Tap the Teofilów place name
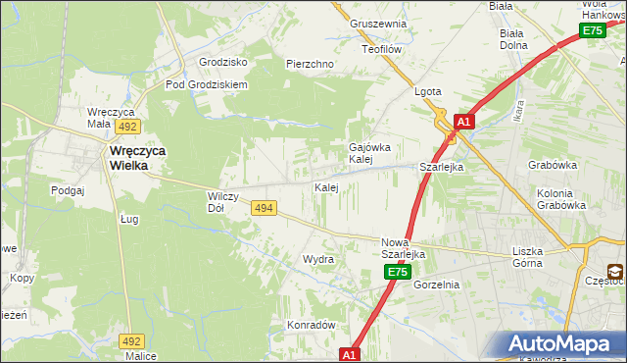click(x=383, y=48)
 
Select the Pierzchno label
click(x=310, y=64)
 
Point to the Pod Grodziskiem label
click(x=207, y=84)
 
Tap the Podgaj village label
click(x=69, y=190)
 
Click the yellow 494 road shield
click(x=263, y=208)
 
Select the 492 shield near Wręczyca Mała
click(x=128, y=127)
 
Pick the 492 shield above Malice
click(x=132, y=340)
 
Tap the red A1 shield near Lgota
click(x=464, y=123)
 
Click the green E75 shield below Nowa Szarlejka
click(x=396, y=272)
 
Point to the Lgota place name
click(x=428, y=92)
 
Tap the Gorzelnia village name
click(x=436, y=285)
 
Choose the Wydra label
click(x=318, y=260)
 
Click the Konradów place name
click(x=312, y=325)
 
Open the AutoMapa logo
click(x=562, y=343)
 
